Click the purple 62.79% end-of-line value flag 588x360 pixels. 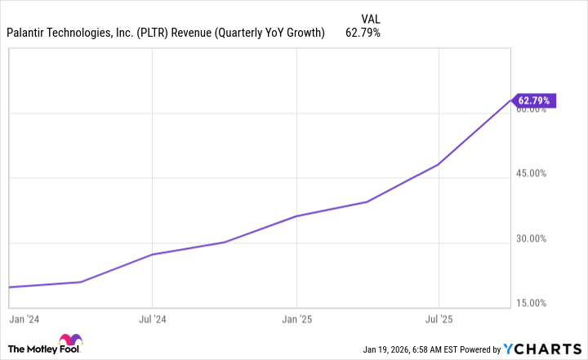point(535,100)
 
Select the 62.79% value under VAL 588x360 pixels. point(363,33)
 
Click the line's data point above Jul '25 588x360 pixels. point(439,164)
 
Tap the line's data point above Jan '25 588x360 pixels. point(296,216)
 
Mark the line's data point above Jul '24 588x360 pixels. point(153,255)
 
